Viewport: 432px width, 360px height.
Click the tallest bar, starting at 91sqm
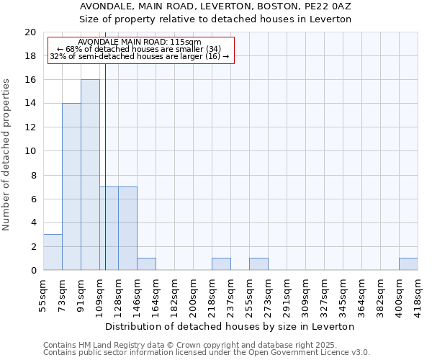tap(90, 175)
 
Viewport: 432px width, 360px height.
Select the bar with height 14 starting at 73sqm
tap(71, 187)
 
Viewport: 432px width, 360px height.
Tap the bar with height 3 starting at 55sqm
tap(53, 252)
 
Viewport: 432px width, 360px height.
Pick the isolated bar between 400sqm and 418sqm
tap(408, 264)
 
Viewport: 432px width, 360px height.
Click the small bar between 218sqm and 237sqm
tap(221, 264)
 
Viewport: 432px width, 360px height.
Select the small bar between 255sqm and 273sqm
tap(258, 264)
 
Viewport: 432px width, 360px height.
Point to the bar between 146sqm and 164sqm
tap(146, 264)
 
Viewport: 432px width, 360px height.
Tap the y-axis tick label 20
tap(30, 32)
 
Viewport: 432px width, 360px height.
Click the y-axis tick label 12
tap(30, 127)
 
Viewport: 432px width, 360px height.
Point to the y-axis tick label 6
tap(32, 199)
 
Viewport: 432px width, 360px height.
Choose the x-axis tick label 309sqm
tap(287, 295)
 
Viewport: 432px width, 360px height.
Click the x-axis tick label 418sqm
tap(418, 295)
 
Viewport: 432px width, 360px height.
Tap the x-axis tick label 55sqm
tap(43, 295)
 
